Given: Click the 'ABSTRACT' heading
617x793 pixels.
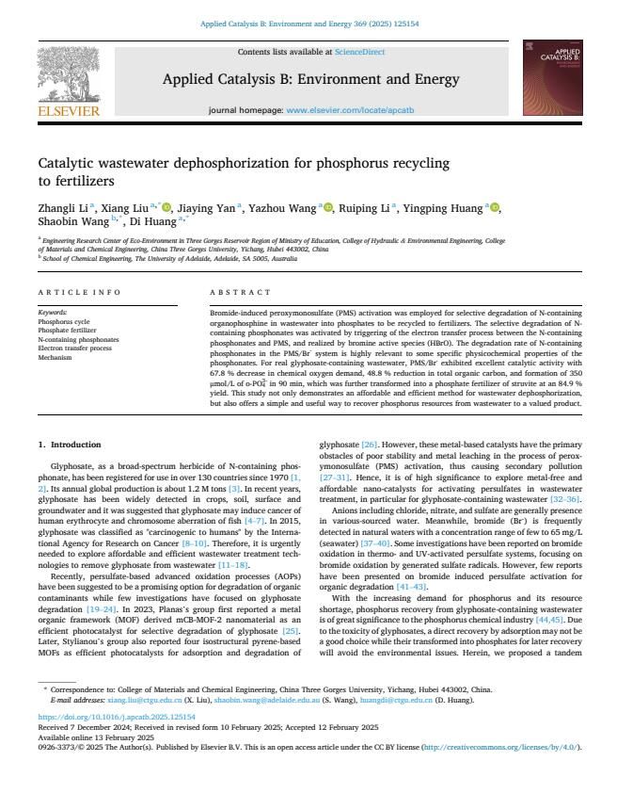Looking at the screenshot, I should (x=234, y=293).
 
